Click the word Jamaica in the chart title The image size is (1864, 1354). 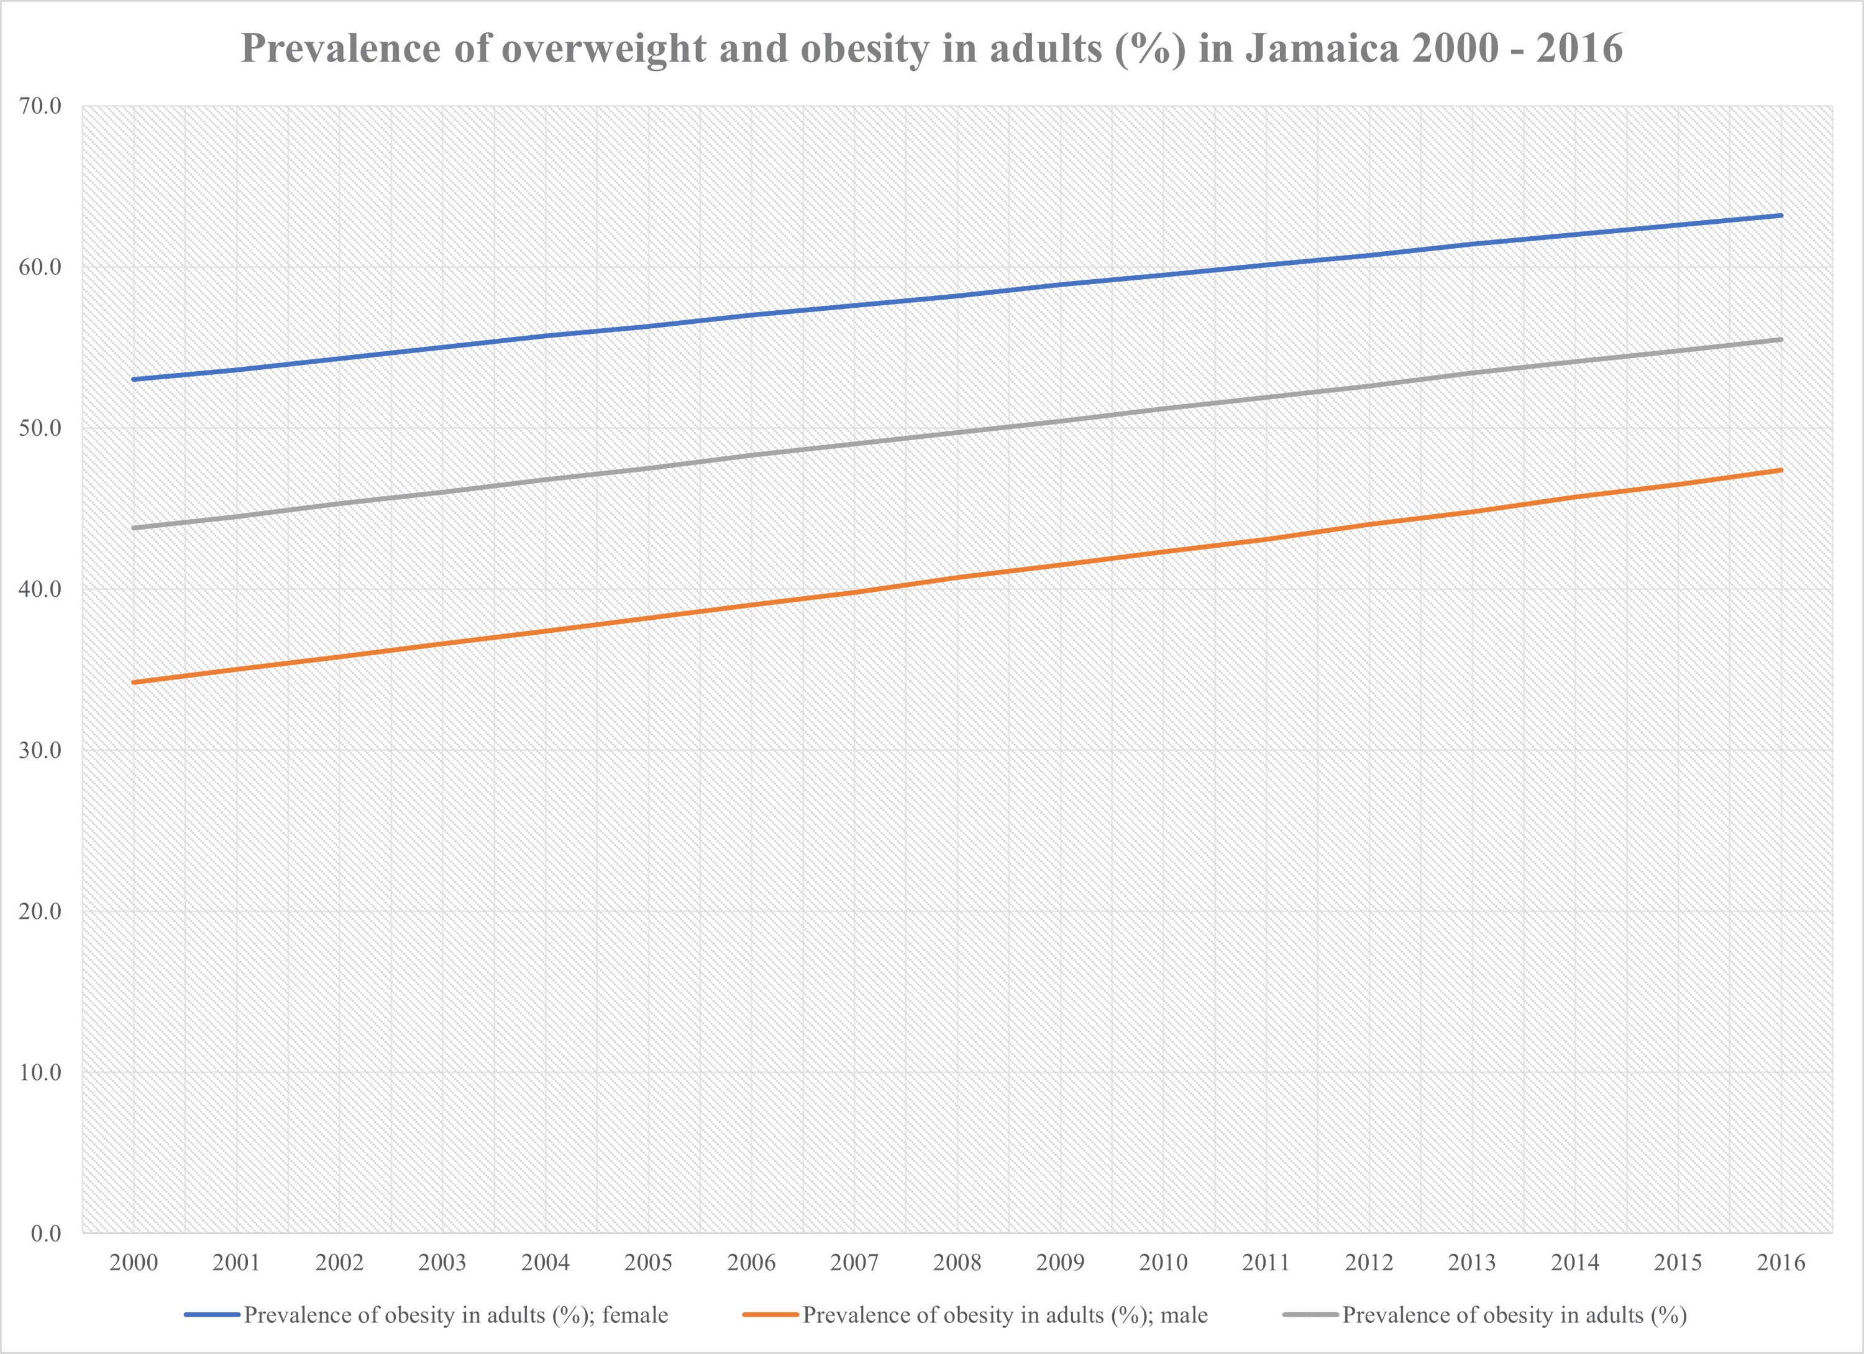1322,48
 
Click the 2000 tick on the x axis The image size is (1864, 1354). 133,1263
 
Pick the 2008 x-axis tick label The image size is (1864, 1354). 957,1263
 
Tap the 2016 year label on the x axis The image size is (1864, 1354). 1780,1263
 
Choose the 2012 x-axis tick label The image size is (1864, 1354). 1368,1263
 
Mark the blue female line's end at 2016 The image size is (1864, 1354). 1780,215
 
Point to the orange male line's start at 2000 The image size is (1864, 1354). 133,683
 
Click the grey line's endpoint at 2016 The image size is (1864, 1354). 1780,339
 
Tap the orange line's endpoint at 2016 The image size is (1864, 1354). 1780,470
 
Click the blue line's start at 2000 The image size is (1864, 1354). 133,380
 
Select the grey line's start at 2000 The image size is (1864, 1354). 133,528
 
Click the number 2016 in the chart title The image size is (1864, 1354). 1579,48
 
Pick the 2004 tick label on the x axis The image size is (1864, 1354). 545,1263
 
